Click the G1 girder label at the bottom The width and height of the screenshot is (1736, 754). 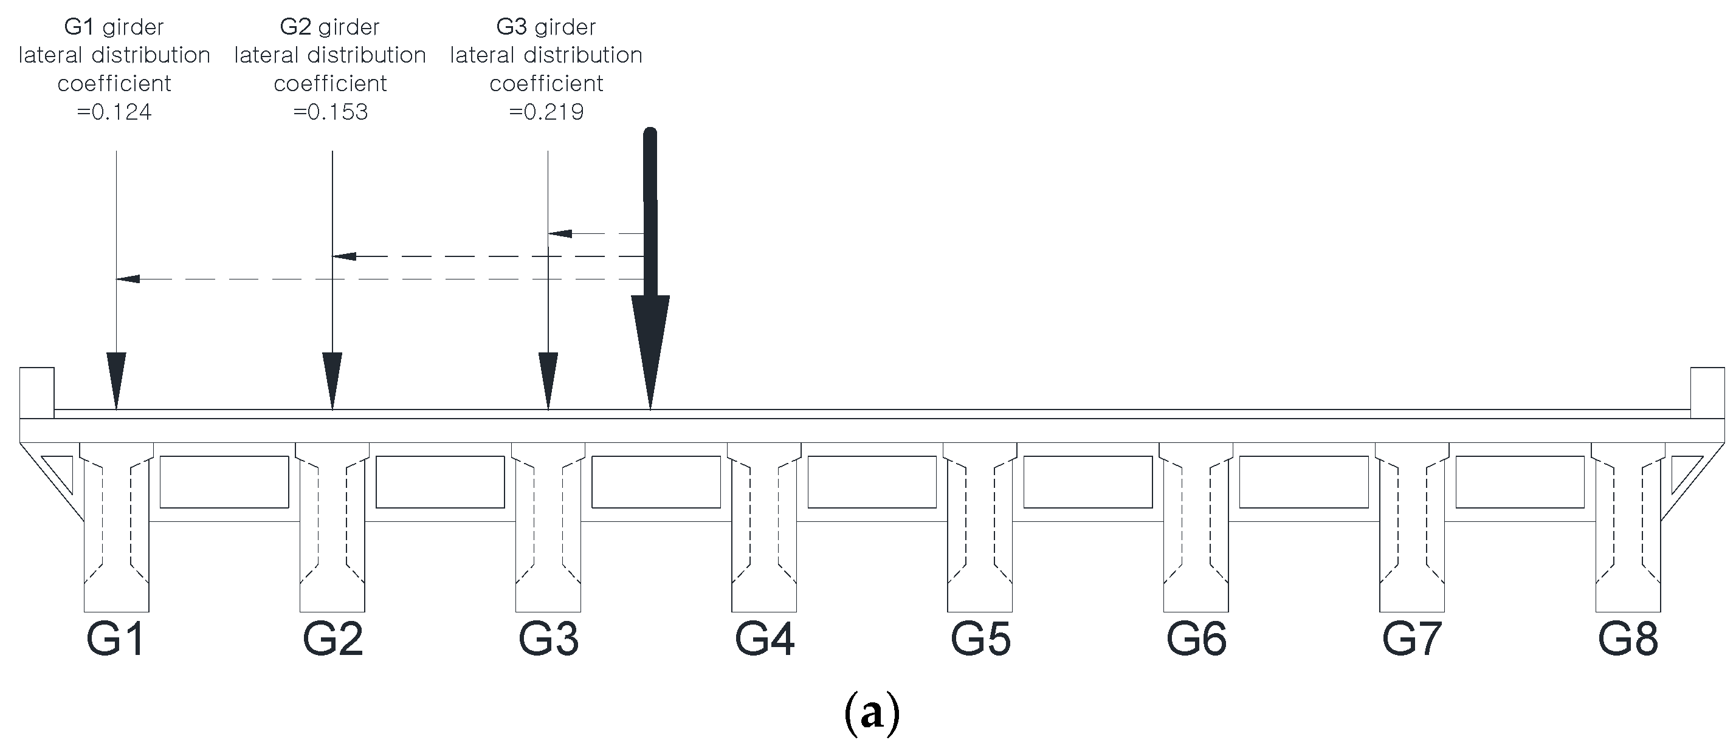pyautogui.click(x=115, y=638)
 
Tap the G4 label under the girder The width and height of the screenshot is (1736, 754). pyautogui.click(x=764, y=638)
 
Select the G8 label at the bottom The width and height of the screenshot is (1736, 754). pyautogui.click(x=1628, y=638)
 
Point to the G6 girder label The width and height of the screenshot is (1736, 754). pyautogui.click(x=1196, y=638)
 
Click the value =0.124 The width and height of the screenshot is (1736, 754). pyautogui.click(x=114, y=111)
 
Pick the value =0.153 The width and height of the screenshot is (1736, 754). pyautogui.click(x=330, y=111)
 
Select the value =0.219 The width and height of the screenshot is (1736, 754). pyautogui.click(x=546, y=111)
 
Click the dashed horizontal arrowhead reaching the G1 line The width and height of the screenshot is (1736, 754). pyautogui.click(x=128, y=279)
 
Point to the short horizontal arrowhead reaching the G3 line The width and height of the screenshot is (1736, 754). pyautogui.click(x=560, y=234)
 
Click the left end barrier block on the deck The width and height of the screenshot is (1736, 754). pyautogui.click(x=37, y=392)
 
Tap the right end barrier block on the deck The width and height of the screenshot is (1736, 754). pyautogui.click(x=1707, y=392)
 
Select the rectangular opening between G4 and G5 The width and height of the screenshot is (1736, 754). pyautogui.click(x=872, y=482)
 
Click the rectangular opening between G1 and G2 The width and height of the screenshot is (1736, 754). pyautogui.click(x=224, y=482)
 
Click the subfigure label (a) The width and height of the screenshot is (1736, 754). pyautogui.click(x=872, y=715)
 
